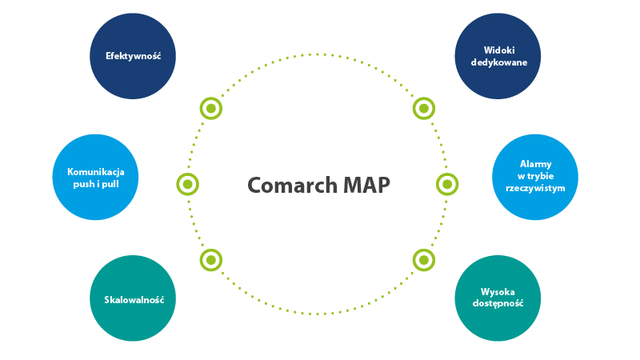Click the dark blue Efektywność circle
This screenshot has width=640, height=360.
pyautogui.click(x=133, y=57)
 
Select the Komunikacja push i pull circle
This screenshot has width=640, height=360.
pyautogui.click(x=95, y=177)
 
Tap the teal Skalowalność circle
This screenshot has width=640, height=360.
pyautogui.click(x=133, y=298)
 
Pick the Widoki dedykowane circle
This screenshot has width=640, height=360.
pyautogui.click(x=498, y=57)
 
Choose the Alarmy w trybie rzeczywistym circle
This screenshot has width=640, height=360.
pyautogui.click(x=534, y=177)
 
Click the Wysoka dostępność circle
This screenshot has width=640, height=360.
pyautogui.click(x=498, y=298)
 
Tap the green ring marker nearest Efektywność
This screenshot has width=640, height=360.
pyautogui.click(x=210, y=108)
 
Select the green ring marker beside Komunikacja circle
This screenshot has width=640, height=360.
pyautogui.click(x=187, y=184)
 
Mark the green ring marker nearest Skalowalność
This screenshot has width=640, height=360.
pyautogui.click(x=210, y=260)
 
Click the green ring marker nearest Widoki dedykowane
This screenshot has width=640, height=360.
pyautogui.click(x=423, y=108)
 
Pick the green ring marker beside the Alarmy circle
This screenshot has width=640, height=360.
pyautogui.click(x=447, y=184)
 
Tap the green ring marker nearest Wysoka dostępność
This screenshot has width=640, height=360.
pyautogui.click(x=423, y=260)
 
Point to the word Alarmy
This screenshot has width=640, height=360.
pyautogui.click(x=535, y=164)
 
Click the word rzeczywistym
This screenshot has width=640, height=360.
pyautogui.click(x=535, y=189)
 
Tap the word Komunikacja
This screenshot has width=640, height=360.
pyautogui.click(x=95, y=171)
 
